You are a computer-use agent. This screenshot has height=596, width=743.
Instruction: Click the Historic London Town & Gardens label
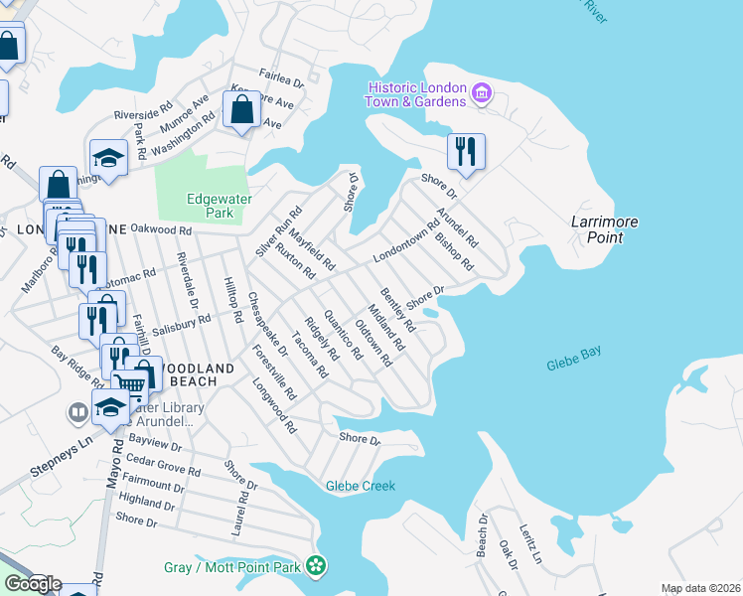[x=415, y=95]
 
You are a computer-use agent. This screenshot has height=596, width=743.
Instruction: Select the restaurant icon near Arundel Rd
[x=465, y=151]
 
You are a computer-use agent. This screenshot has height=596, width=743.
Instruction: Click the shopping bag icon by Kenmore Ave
[x=241, y=108]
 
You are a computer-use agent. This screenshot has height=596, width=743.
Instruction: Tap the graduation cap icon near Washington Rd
[x=109, y=158]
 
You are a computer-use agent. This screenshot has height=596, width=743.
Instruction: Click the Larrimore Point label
[x=605, y=229]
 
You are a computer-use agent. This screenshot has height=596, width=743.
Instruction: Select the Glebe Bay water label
[x=574, y=366]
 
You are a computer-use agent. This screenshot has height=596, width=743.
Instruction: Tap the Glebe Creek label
[x=360, y=486]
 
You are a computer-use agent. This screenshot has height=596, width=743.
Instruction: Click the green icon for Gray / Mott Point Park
[x=316, y=566]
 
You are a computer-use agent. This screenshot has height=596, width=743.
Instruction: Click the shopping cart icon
[x=128, y=383]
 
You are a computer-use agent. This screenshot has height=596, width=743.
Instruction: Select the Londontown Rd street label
[x=405, y=241]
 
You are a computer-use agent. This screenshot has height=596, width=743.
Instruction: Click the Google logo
[x=32, y=584]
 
